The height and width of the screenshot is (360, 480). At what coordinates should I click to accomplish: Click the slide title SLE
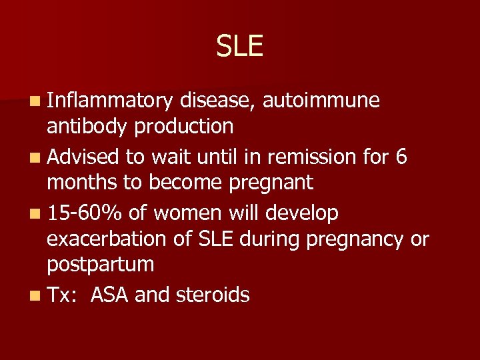239,46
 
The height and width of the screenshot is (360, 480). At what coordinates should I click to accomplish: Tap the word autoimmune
321,101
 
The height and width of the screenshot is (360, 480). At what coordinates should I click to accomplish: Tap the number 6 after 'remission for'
401,157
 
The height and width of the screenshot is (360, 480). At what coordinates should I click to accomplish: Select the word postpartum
100,264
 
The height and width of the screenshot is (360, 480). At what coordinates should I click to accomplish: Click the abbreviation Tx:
62,295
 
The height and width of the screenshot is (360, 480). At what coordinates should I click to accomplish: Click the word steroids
213,295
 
